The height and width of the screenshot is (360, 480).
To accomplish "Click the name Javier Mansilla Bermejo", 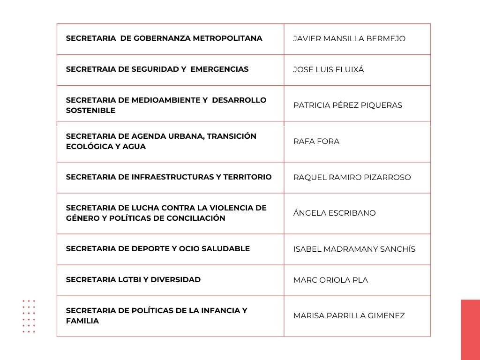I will [x=349, y=39].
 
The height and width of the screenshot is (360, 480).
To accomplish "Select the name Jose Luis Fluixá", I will [x=328, y=70].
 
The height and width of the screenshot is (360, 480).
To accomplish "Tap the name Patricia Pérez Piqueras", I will [x=347, y=105].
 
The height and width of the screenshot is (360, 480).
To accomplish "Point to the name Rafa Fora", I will [x=316, y=142].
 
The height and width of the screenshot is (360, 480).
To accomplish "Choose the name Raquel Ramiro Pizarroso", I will [x=352, y=178].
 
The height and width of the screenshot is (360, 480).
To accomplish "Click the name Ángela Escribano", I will [x=334, y=213].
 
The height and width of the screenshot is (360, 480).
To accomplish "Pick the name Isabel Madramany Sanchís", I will [x=354, y=249].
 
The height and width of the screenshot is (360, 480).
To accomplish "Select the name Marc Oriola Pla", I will [x=330, y=280].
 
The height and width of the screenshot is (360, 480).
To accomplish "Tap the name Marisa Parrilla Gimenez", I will [x=349, y=316].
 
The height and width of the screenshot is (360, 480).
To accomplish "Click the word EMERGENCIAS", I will [x=220, y=69].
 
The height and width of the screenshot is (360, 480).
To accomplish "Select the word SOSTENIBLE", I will [x=90, y=111].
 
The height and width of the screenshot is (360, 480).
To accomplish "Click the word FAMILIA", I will [x=82, y=322].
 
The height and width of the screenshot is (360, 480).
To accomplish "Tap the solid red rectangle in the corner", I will [x=470, y=330].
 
